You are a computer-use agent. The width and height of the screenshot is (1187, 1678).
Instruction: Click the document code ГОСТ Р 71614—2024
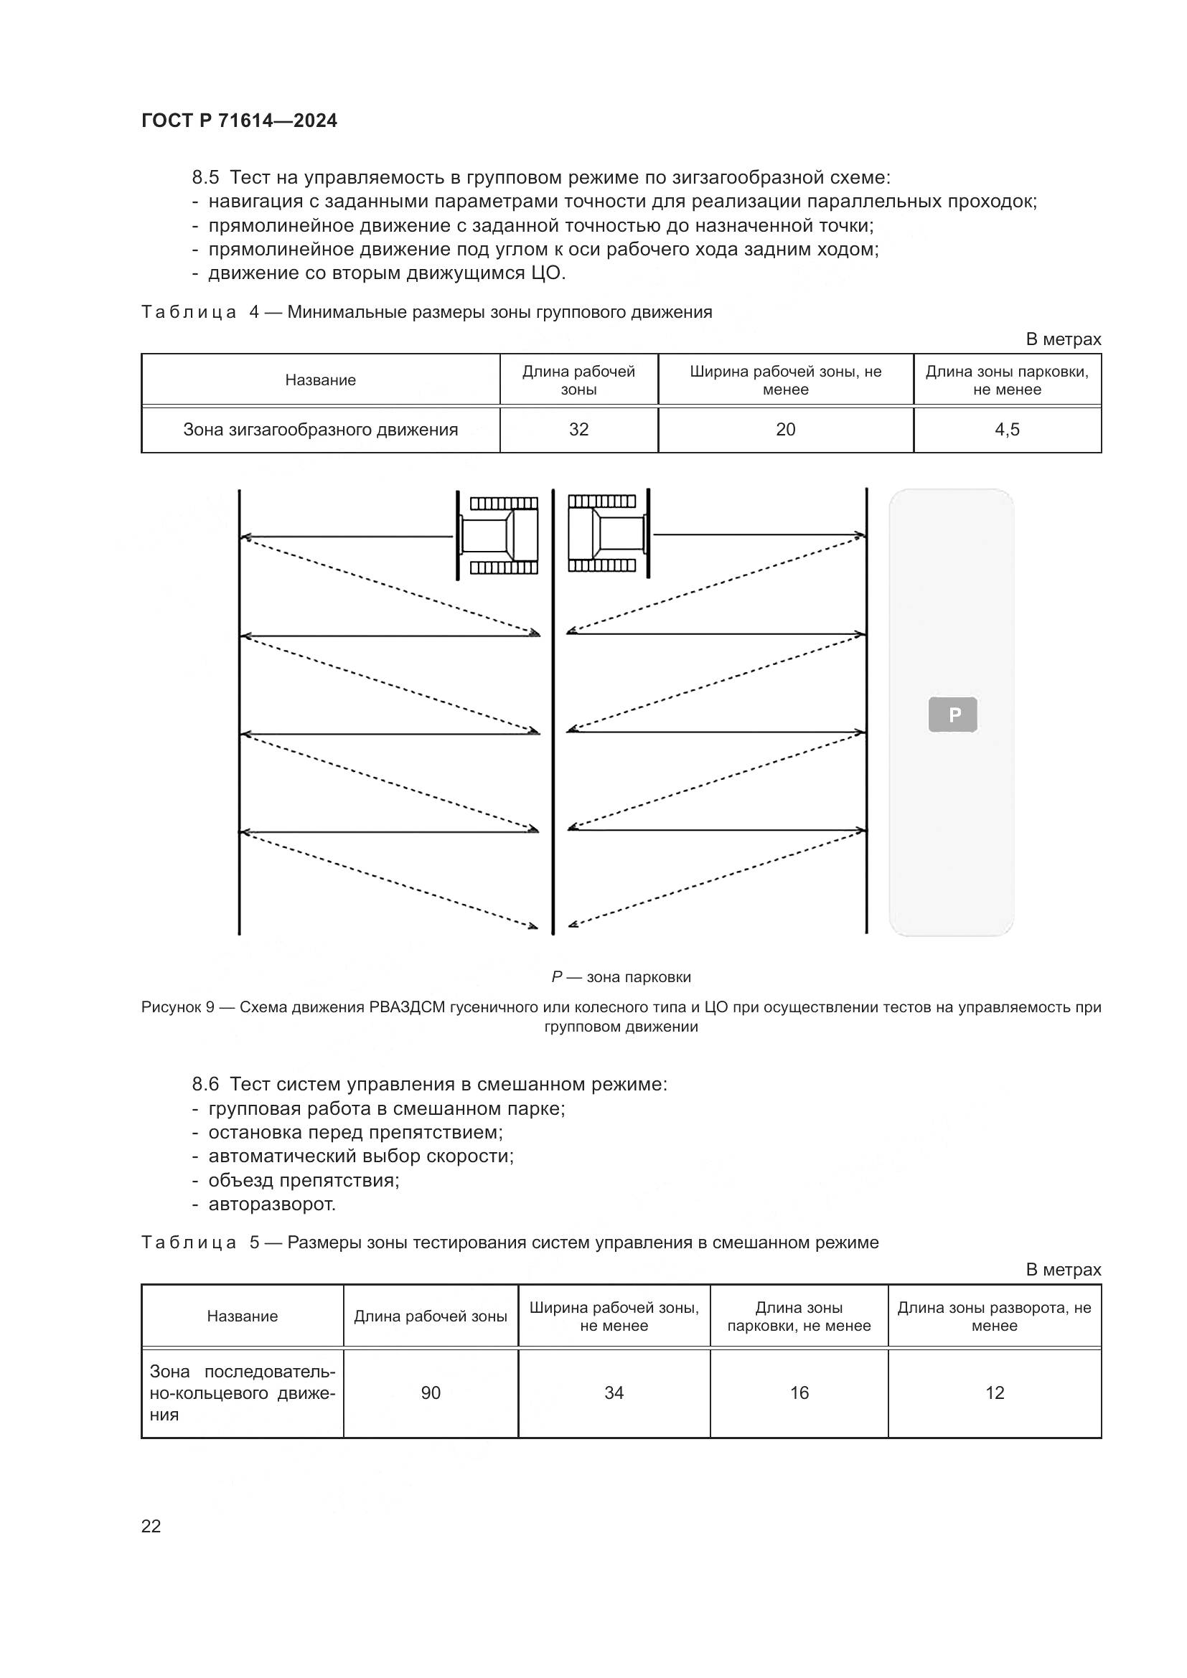pos(239,121)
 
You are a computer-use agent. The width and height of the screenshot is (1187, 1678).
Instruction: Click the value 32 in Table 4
pos(578,430)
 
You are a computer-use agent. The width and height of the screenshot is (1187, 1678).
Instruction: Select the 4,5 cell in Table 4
pos(1006,430)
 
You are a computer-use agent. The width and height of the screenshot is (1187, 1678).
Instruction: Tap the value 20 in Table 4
pos(785,430)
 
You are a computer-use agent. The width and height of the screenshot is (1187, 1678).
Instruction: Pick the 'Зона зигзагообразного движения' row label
pos(320,430)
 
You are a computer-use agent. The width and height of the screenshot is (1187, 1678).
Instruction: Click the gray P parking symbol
pos(952,715)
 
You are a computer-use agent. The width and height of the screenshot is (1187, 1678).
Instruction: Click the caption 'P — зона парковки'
pos(621,977)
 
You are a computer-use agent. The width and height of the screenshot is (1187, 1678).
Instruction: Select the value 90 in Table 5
pos(431,1393)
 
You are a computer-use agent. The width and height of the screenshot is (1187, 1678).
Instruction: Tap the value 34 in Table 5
pos(614,1393)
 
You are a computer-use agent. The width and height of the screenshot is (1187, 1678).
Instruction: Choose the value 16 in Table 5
pos(799,1393)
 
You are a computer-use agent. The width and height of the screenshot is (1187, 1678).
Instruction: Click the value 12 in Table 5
pos(995,1393)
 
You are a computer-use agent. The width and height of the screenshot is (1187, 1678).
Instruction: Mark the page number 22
pos(151,1526)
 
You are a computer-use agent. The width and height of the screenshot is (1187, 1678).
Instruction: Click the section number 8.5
pos(205,178)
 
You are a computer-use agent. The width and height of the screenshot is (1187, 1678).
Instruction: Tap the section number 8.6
pos(205,1085)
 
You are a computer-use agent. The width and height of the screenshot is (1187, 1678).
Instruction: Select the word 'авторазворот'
pos(272,1205)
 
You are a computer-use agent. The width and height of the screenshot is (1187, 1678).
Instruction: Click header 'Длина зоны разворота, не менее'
pos(994,1316)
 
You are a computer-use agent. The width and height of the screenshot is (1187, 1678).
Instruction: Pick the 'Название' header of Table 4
pos(320,380)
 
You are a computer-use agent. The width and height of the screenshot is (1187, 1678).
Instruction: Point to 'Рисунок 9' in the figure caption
pos(177,1007)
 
